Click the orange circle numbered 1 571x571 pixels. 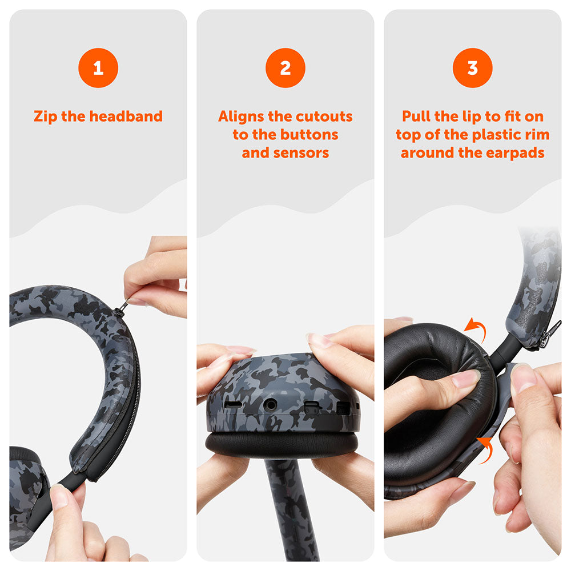click(98, 68)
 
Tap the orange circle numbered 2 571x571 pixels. click(285, 68)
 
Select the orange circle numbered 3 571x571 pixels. click(473, 68)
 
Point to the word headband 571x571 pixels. click(126, 116)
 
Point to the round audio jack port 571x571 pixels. click(270, 405)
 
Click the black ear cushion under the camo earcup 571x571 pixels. click(282, 443)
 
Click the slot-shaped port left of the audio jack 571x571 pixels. click(233, 404)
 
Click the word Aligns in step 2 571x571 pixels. click(241, 117)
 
